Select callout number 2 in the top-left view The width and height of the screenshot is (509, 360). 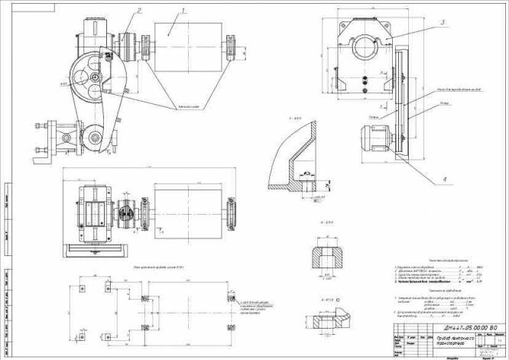click(139, 11)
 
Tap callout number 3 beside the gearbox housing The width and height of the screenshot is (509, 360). click(442, 24)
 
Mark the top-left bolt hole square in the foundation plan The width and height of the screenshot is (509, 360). click(82, 288)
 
